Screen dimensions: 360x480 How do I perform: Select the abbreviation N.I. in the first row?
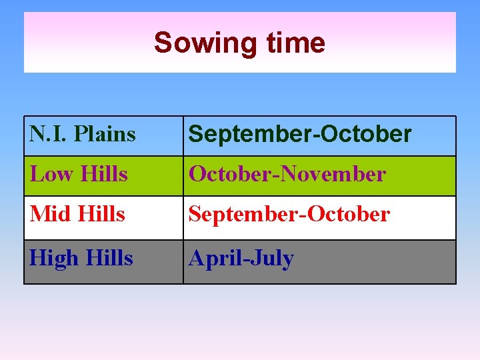pyautogui.click(x=49, y=134)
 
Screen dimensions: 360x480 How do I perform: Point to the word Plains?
pyautogui.click(x=105, y=134)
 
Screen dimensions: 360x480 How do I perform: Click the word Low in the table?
pyautogui.click(x=51, y=174)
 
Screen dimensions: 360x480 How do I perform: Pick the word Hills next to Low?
pyautogui.click(x=103, y=174)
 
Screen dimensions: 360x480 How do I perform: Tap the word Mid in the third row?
pyautogui.click(x=51, y=214)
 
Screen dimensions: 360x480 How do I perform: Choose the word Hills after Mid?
pyautogui.click(x=101, y=214)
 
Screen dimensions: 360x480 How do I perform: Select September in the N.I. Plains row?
pyautogui.click(x=251, y=135)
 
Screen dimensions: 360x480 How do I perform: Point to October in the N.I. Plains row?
pyautogui.click(x=367, y=135)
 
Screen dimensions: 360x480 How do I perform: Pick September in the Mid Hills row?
pyautogui.click(x=245, y=214)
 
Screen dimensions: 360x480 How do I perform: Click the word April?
pyautogui.click(x=213, y=258)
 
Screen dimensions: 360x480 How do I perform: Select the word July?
pyautogui.click(x=271, y=258)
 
